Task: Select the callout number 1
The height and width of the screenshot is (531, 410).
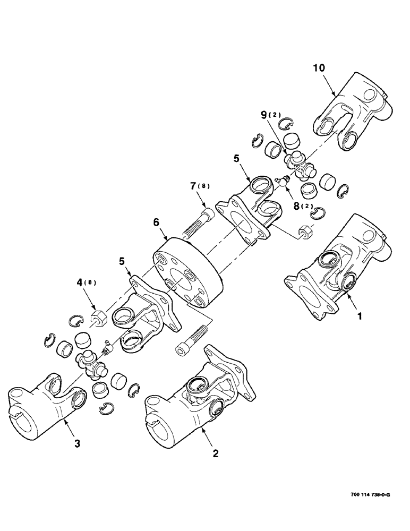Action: (x=360, y=316)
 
